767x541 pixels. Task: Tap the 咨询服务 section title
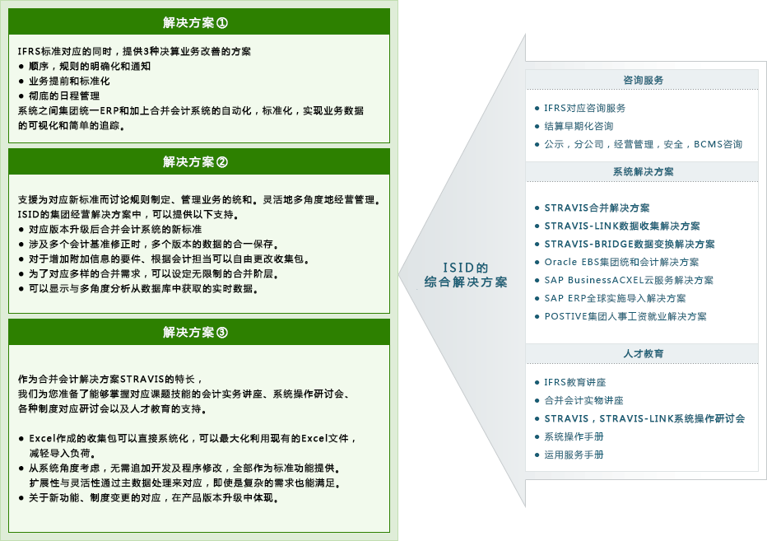tap(643, 80)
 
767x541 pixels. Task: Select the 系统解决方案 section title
tap(643, 171)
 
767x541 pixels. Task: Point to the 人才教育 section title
tap(643, 353)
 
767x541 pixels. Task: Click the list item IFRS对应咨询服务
tap(584, 108)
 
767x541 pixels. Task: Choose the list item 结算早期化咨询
tap(579, 126)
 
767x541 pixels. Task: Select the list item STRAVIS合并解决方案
tap(597, 208)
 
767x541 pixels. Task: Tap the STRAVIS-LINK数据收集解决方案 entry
tap(621, 226)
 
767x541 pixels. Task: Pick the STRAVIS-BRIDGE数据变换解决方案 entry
tap(629, 244)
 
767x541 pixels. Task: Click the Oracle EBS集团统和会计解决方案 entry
tap(621, 262)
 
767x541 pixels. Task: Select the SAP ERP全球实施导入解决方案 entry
tap(615, 298)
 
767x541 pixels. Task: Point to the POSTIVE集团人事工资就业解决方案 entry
tap(625, 316)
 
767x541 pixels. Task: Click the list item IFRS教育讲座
tap(574, 382)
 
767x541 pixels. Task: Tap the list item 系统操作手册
tap(574, 436)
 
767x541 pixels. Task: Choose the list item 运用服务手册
tap(574, 455)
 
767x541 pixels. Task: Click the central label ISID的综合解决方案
tap(466, 275)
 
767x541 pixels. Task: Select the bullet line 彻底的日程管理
tap(64, 96)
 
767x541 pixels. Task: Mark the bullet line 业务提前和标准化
tap(69, 81)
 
